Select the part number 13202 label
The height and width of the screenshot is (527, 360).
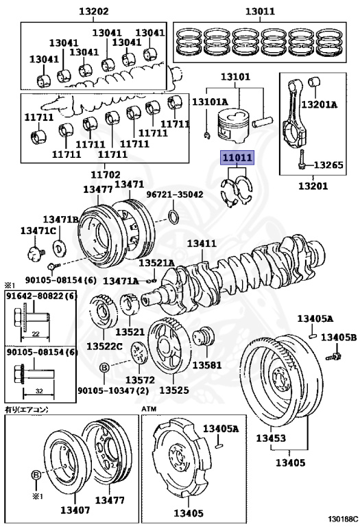93,11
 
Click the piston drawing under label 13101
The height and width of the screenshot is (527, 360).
232,126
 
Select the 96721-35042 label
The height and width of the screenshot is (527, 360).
175,195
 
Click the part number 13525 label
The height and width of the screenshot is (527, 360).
174,389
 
